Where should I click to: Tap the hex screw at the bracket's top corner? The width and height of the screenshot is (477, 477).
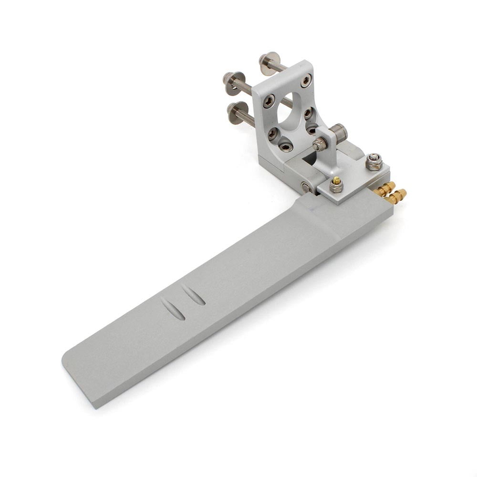(305, 80)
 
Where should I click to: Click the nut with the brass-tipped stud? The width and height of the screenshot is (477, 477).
(336, 185)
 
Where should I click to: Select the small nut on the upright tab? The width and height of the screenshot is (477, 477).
(319, 145)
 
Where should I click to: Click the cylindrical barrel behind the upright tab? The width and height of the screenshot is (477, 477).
(339, 133)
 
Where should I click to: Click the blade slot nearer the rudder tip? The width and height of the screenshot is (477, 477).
(173, 309)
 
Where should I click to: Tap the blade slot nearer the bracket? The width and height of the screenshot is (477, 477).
(194, 295)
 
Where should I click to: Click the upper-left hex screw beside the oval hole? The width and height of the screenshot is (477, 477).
(269, 101)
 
